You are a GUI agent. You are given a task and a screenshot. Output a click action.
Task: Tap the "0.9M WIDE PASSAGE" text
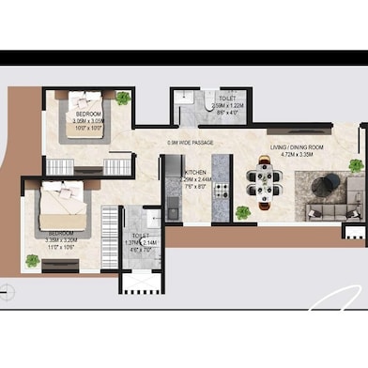click(x=191, y=142)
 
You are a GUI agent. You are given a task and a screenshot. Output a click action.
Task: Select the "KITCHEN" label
click(x=195, y=173)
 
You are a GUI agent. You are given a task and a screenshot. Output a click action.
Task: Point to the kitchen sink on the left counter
click(x=173, y=210)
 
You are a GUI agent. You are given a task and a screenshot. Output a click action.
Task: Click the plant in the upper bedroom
click(x=123, y=97)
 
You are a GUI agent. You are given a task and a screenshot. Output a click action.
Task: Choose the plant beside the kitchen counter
click(x=243, y=212)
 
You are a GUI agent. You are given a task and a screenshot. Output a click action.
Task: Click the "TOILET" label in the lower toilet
click(x=140, y=237)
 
